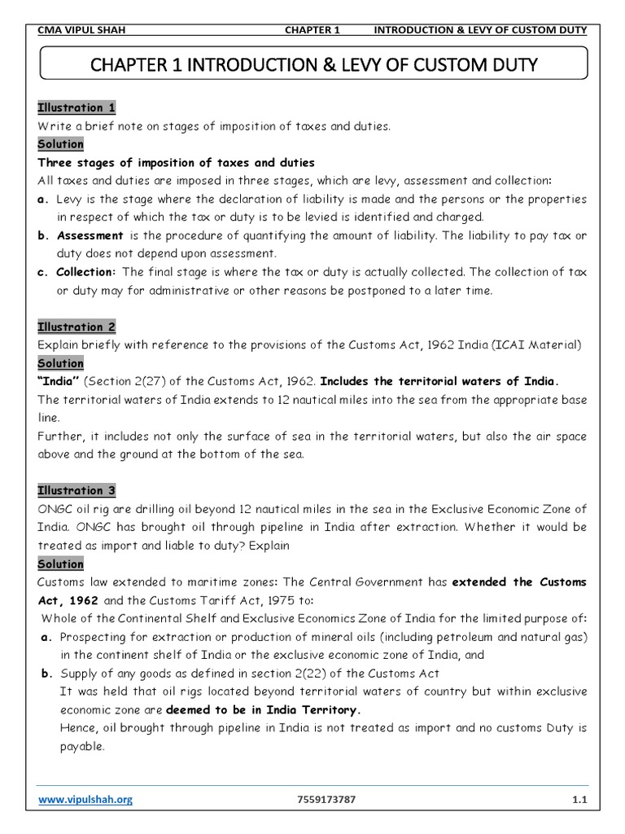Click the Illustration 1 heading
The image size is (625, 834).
(77, 108)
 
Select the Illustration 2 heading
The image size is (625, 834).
(77, 327)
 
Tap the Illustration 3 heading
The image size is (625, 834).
(77, 490)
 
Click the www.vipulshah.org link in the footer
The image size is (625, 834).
(85, 800)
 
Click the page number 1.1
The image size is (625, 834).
(579, 800)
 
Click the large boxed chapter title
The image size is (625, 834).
(312, 64)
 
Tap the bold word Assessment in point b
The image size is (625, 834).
(90, 235)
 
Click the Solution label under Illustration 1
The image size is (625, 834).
(61, 144)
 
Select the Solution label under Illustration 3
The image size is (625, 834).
(61, 564)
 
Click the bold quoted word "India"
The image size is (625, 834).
(59, 381)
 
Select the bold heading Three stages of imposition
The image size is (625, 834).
(176, 163)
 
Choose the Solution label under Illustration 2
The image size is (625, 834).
(61, 363)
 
